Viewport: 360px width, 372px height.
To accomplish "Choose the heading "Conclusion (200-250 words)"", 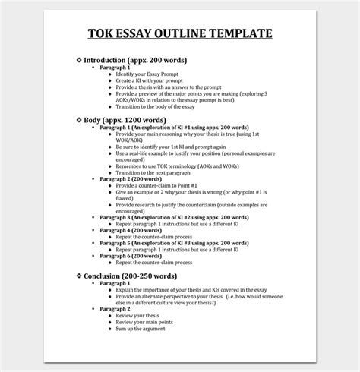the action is pos(137,276).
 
